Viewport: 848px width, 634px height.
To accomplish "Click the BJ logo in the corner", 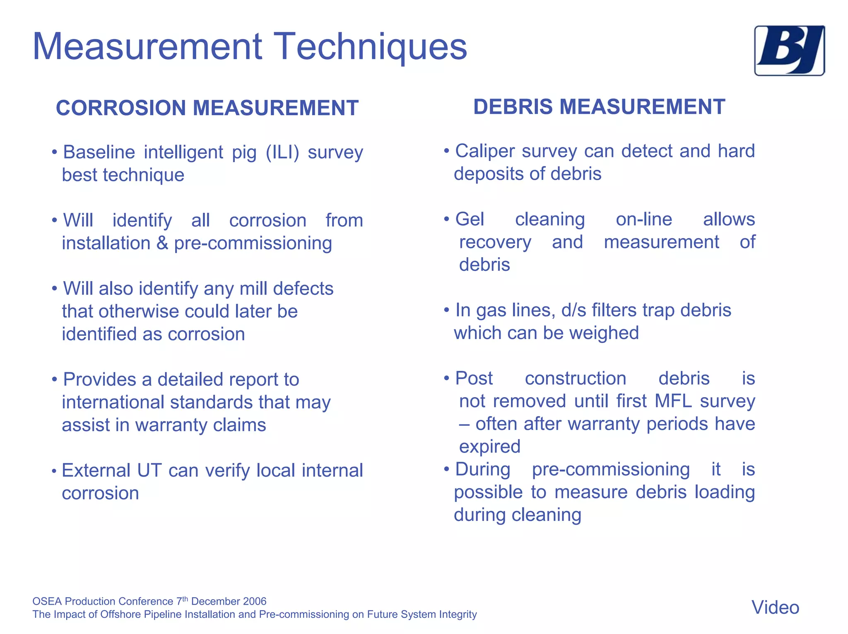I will [789, 51].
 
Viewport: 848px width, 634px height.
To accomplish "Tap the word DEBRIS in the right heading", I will [513, 107].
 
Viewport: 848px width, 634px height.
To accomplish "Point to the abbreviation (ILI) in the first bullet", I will [282, 152].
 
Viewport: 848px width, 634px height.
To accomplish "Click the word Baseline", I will [99, 152].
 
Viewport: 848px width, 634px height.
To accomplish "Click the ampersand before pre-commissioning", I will [162, 243].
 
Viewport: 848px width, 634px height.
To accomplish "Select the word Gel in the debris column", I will [470, 219].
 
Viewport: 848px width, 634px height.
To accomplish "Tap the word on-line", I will [644, 219].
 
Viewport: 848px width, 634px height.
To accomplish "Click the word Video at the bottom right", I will [775, 607].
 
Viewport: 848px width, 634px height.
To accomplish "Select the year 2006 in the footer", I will [254, 601].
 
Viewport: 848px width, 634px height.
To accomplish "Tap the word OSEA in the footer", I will [47, 601].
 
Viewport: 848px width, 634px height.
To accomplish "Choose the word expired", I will [489, 447].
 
